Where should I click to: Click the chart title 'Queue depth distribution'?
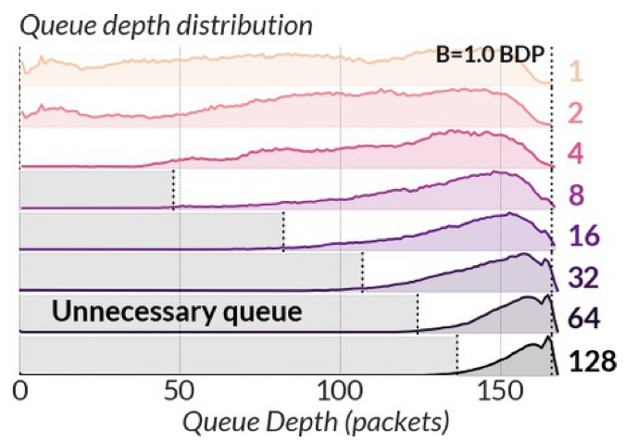click(x=168, y=25)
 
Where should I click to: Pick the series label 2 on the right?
click(x=577, y=113)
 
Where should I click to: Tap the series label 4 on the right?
click(x=577, y=154)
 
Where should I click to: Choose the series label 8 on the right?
click(x=577, y=196)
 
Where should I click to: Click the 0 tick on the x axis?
click(x=20, y=390)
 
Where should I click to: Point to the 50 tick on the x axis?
click(x=180, y=390)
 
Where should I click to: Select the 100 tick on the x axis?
click(x=340, y=390)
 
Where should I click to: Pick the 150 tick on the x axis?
click(x=500, y=390)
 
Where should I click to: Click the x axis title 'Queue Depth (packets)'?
click(x=316, y=423)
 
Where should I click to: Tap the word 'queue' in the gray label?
click(x=262, y=312)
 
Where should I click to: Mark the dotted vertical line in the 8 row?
click(x=173, y=189)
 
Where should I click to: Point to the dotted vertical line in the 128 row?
click(x=457, y=355)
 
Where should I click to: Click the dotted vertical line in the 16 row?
click(x=283, y=231)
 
